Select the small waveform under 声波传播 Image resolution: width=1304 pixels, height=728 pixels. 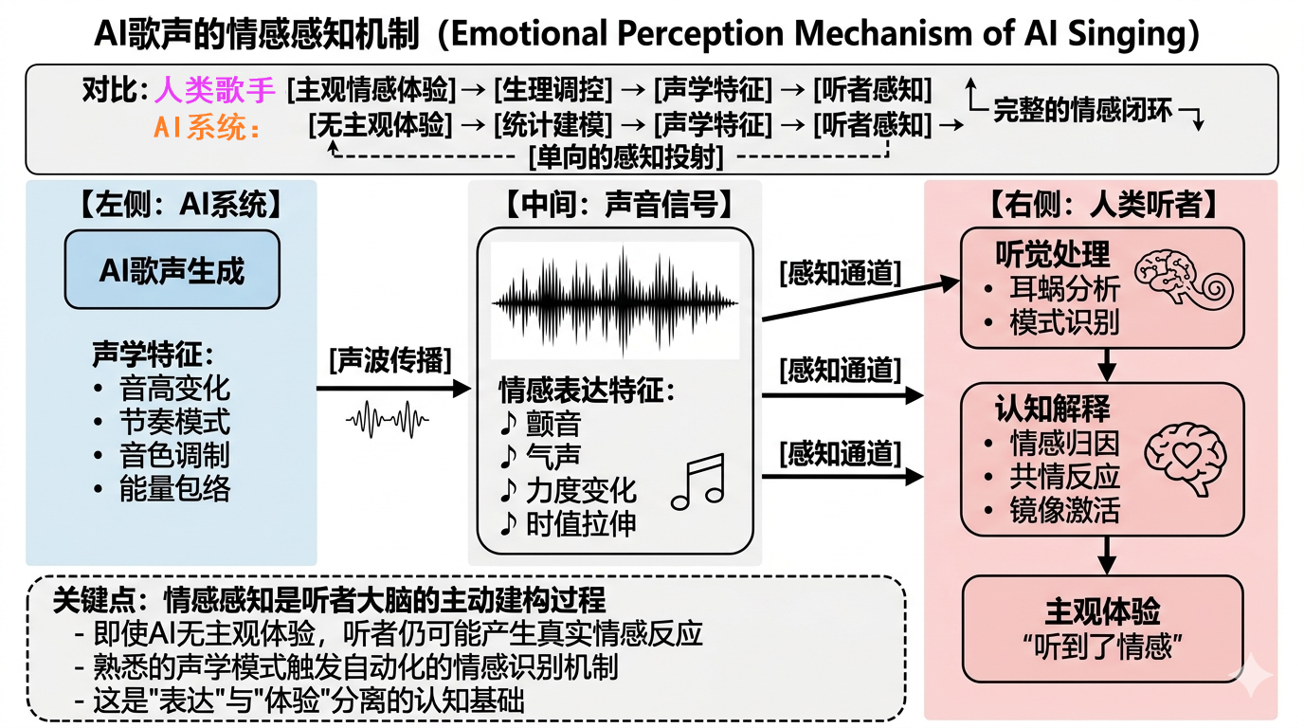tap(387, 418)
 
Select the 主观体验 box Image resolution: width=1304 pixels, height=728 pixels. tap(1102, 625)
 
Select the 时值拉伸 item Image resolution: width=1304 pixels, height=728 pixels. tap(582, 524)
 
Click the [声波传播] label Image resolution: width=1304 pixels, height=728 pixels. tap(390, 361)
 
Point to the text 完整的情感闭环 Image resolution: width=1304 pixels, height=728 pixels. tap(1082, 110)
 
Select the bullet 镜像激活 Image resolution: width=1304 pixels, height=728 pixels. tap(1064, 510)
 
